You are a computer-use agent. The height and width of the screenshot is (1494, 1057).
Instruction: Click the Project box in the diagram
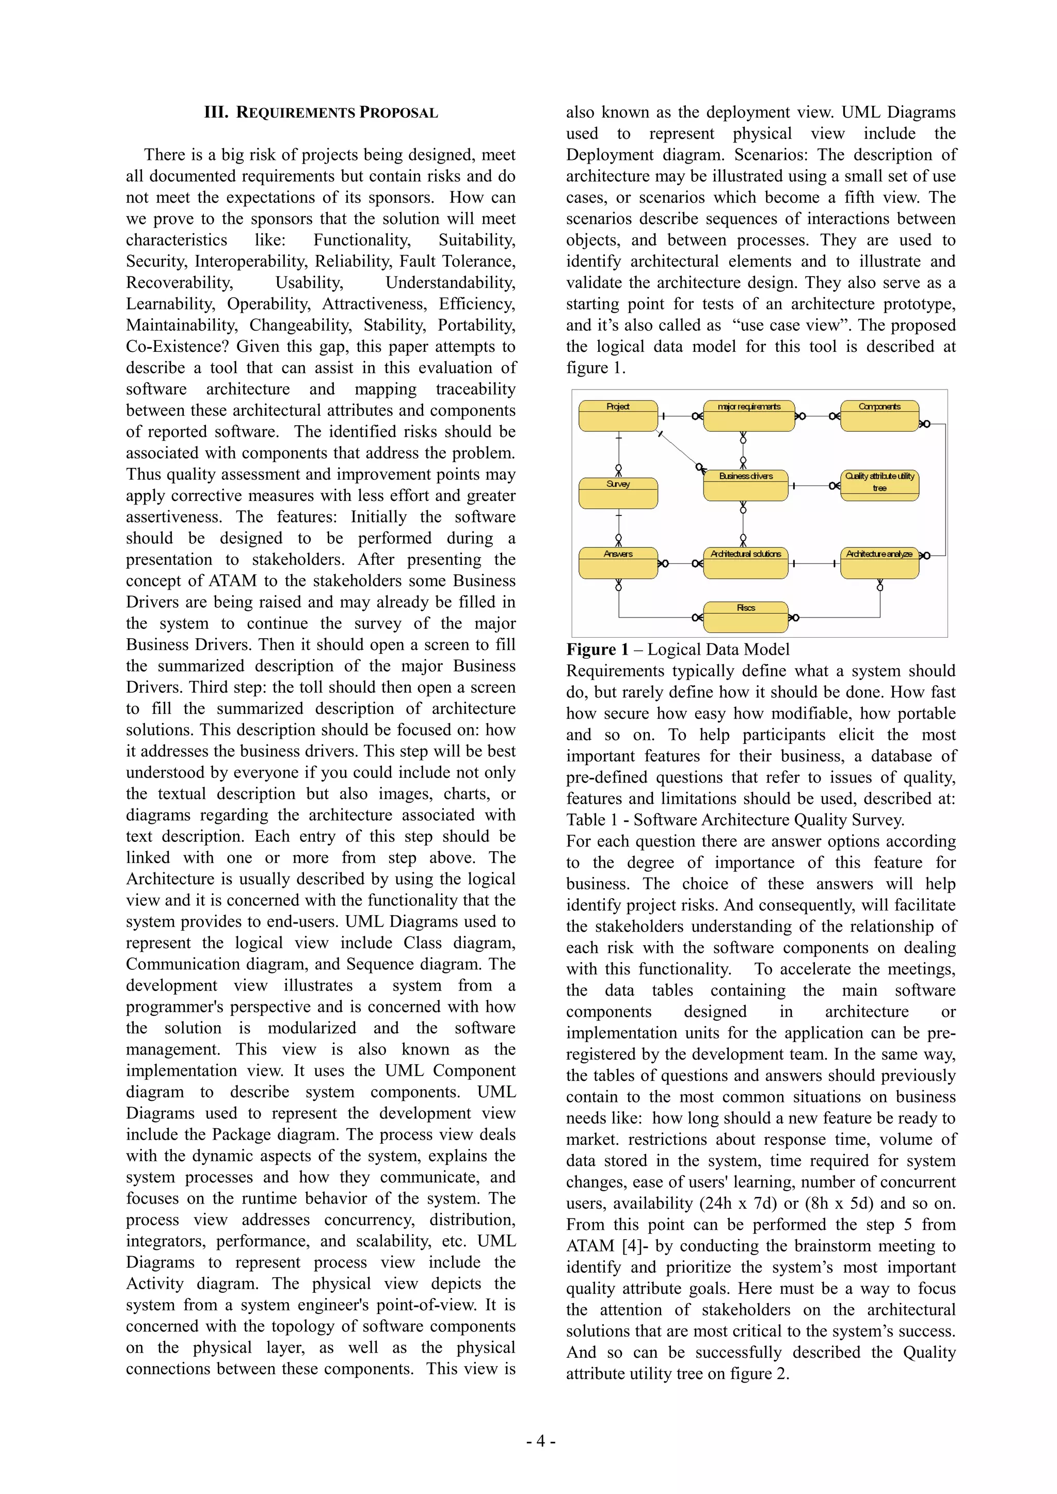(x=618, y=416)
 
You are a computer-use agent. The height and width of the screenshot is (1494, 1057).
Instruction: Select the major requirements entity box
(x=748, y=416)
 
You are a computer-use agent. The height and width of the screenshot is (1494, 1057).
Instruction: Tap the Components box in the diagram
(x=879, y=416)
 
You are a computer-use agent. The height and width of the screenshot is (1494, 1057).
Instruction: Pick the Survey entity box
(x=618, y=493)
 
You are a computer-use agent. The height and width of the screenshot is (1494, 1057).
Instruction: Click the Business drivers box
(x=745, y=485)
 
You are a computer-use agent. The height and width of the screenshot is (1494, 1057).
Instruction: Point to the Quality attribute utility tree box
(x=879, y=485)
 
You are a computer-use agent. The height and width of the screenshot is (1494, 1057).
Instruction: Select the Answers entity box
(x=618, y=563)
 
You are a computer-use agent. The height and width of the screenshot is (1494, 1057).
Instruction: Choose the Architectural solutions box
(x=745, y=563)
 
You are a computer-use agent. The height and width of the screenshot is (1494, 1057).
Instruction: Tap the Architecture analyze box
(x=879, y=563)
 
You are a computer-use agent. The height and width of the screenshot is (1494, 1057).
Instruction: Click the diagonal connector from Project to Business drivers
(x=679, y=450)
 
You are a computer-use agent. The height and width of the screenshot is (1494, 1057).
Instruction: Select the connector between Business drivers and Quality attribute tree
(x=813, y=485)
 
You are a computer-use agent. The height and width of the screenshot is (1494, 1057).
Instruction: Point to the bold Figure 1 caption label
(x=597, y=649)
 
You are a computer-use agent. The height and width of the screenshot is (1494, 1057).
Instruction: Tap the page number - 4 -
(x=540, y=1441)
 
